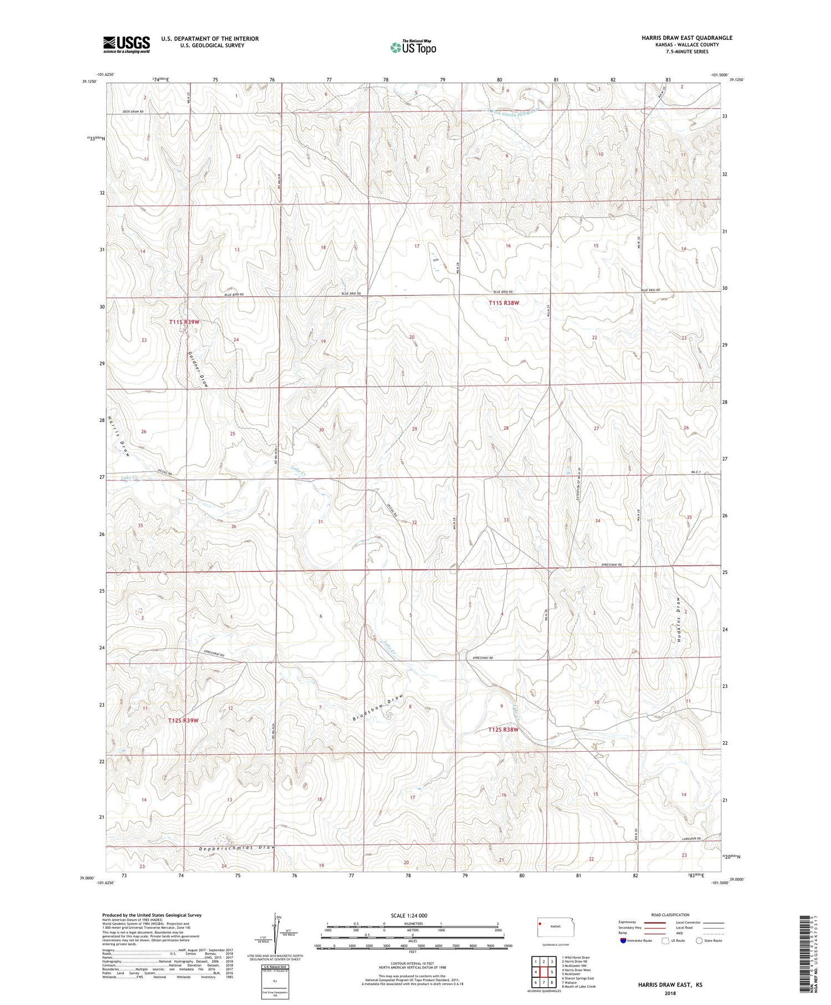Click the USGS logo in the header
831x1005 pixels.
tap(126, 44)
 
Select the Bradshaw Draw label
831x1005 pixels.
tap(380, 708)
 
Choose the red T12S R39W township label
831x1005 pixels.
tap(183, 720)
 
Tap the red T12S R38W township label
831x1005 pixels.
tap(503, 729)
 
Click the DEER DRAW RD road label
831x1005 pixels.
tap(133, 112)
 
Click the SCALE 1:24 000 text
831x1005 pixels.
tap(409, 915)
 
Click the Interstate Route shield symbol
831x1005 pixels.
tap(623, 941)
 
